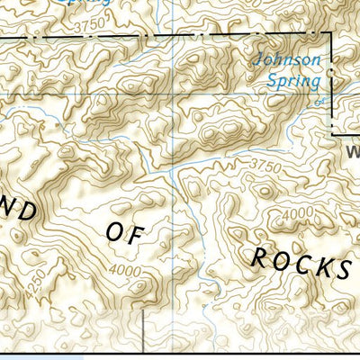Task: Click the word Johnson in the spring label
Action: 287,61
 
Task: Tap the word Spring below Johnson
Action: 293,80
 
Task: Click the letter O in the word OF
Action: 114,231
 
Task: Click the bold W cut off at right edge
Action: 352,152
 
